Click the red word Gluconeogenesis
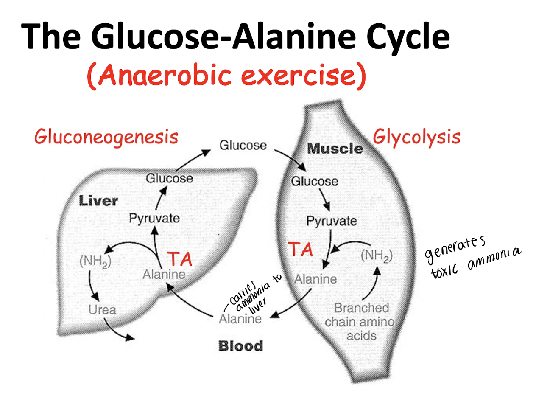point(106,137)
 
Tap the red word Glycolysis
point(416,137)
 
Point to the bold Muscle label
point(335,149)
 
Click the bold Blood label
point(240,346)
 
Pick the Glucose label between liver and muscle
point(243,146)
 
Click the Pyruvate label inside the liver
point(154,219)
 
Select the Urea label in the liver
point(102,309)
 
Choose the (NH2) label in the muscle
point(376,256)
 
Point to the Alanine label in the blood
point(240,318)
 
